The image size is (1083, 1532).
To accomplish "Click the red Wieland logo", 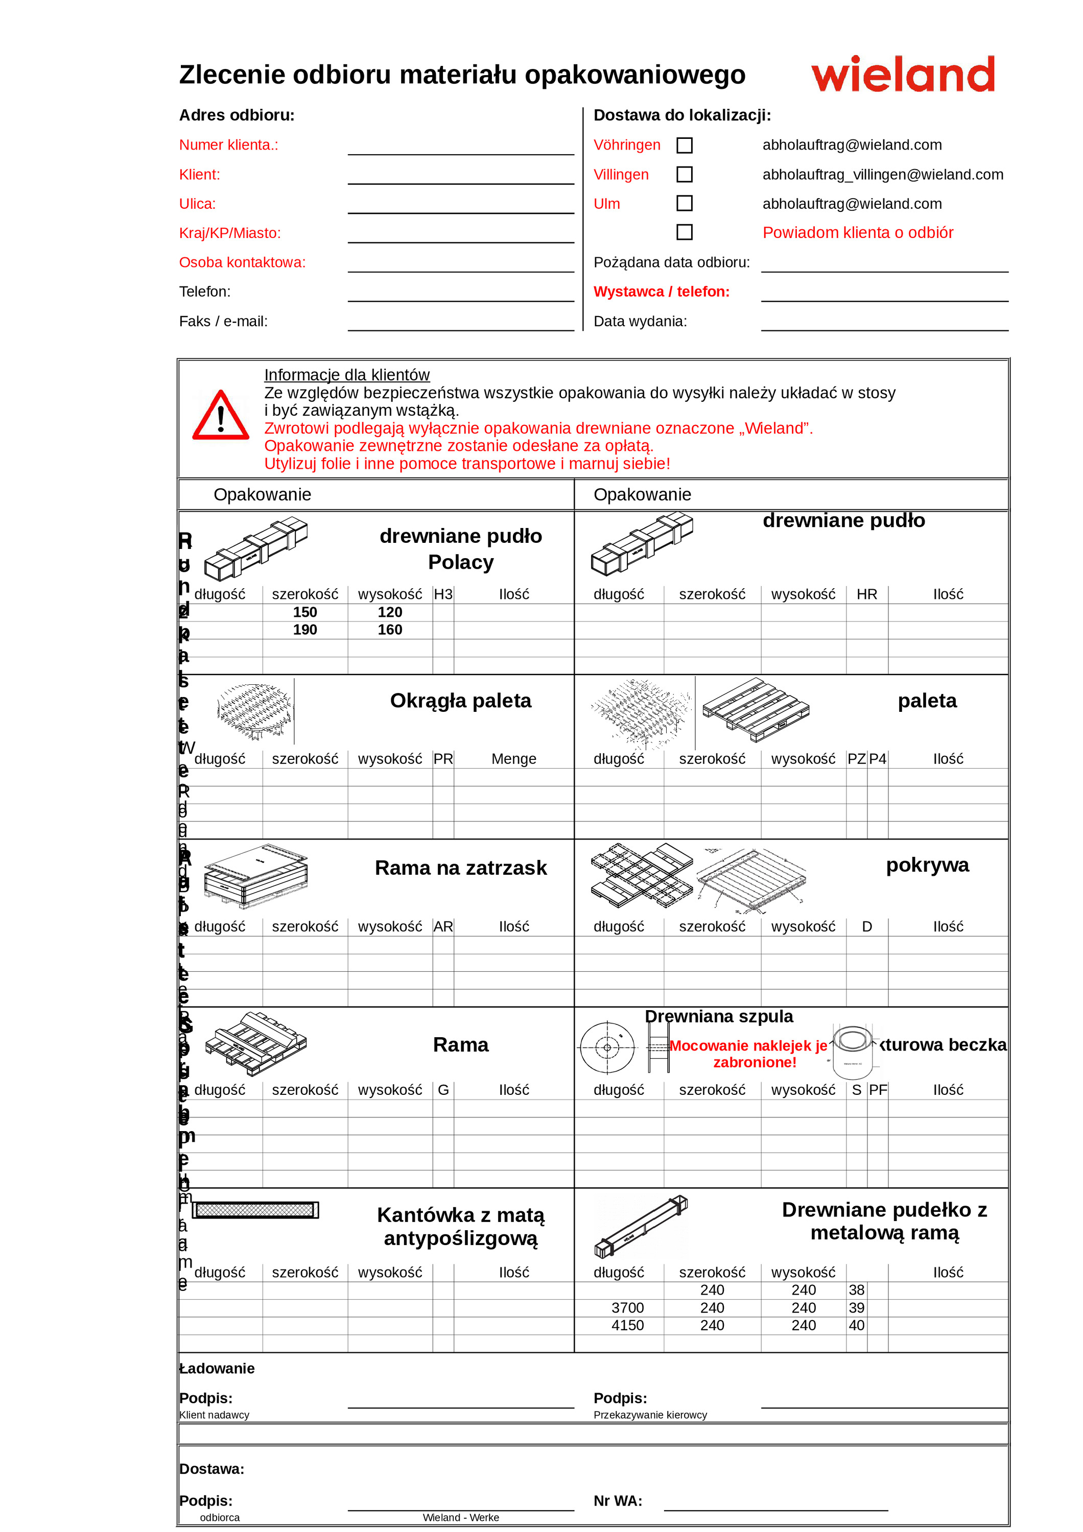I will pyautogui.click(x=902, y=74).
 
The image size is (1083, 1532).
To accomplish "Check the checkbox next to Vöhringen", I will pyautogui.click(x=684, y=146).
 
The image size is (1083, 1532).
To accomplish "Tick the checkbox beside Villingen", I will pyautogui.click(x=684, y=175).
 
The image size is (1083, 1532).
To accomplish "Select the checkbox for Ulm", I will pyautogui.click(x=684, y=204).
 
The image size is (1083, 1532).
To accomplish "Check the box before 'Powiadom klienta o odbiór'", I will pyautogui.click(x=684, y=232).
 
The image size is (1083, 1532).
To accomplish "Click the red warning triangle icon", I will pyautogui.click(x=221, y=416).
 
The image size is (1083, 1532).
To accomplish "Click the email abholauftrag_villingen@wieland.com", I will pyautogui.click(x=882, y=175).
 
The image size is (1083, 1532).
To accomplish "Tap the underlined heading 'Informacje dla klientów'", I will pyautogui.click(x=346, y=375).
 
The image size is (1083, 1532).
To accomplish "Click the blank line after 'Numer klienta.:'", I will pyautogui.click(x=460, y=148).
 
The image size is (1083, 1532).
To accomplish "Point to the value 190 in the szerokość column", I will pyautogui.click(x=305, y=630).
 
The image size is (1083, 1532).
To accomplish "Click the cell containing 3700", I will pyautogui.click(x=627, y=1308).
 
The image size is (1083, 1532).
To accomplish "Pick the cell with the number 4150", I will pyautogui.click(x=627, y=1325).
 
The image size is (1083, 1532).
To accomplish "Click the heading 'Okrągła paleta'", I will pyautogui.click(x=460, y=701).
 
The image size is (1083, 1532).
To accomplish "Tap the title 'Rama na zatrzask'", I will pyautogui.click(x=460, y=868).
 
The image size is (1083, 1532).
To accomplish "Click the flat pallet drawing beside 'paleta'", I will pyautogui.click(x=756, y=710).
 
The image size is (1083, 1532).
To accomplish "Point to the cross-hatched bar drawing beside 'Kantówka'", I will pyautogui.click(x=255, y=1210).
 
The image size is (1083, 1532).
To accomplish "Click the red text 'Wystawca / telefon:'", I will pyautogui.click(x=661, y=292).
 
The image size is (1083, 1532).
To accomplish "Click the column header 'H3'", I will pyautogui.click(x=443, y=594).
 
